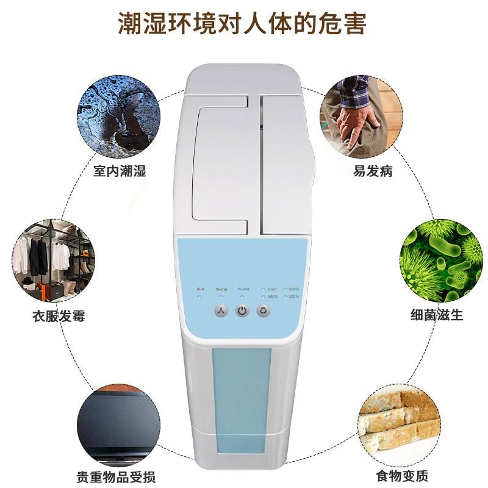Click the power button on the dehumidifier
pos(242,311)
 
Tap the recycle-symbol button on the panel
pos(264,311)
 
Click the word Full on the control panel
pos(200,289)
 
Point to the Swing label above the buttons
pos(221,289)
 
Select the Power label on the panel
pos(243,289)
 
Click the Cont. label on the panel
pos(273,289)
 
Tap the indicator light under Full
pos(199,296)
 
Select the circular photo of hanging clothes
pos(54,260)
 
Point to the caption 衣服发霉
pos(59,316)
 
